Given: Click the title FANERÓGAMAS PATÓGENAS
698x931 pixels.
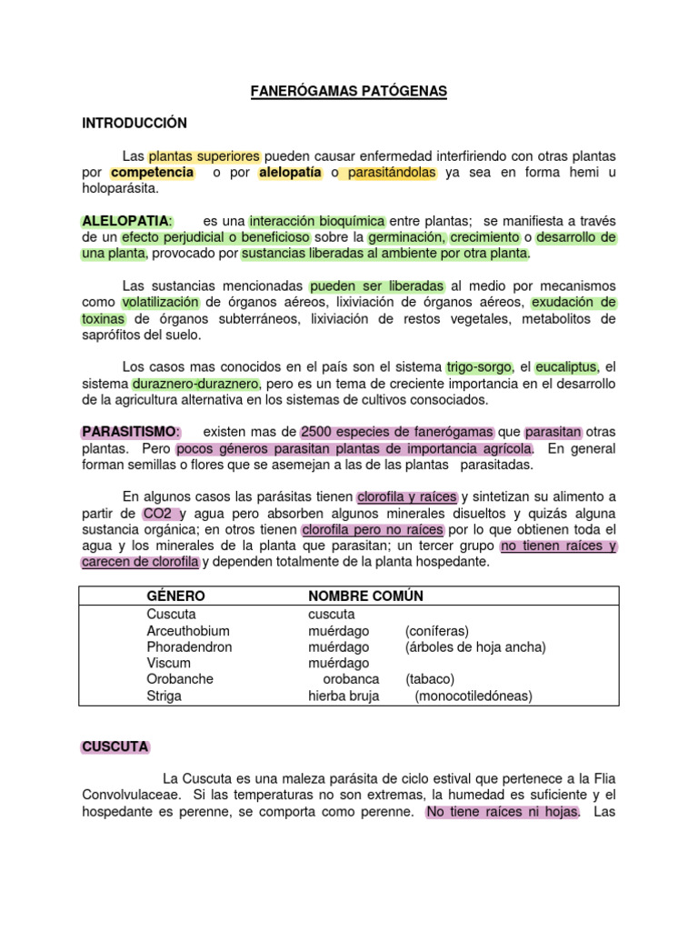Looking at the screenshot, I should [349, 92].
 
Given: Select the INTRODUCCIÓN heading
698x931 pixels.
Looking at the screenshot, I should [134, 123].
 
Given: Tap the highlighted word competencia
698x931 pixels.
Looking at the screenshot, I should [153, 172].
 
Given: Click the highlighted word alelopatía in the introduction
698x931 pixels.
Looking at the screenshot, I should [290, 172].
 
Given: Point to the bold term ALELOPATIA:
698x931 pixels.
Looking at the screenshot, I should [127, 221].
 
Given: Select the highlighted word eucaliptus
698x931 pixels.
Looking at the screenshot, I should [566, 367].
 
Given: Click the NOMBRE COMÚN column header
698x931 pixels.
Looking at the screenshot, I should [365, 596].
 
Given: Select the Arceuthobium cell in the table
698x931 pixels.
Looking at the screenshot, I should [188, 630].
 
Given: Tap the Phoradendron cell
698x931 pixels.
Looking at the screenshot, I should [189, 646].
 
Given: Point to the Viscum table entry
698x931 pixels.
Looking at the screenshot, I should [168, 663].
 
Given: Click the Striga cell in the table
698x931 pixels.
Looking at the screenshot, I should [164, 696].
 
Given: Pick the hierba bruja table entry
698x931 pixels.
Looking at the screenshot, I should [344, 696].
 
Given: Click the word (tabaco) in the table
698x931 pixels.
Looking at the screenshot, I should [430, 679].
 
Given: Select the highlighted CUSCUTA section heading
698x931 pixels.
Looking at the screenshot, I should [115, 746].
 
